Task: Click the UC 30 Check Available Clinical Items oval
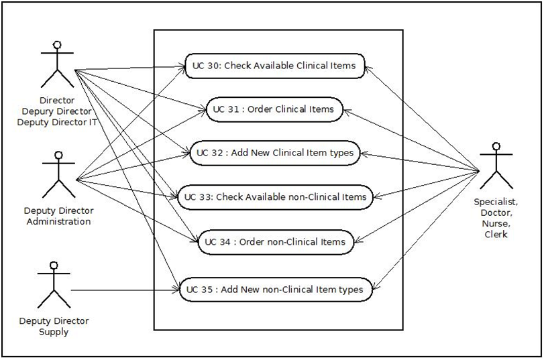pos(274,66)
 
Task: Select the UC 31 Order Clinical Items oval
pos(274,109)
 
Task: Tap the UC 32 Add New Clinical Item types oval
pos(274,153)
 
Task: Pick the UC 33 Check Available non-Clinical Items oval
pos(274,197)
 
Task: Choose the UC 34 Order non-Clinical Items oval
pos(274,242)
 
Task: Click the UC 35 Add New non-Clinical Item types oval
pos(274,290)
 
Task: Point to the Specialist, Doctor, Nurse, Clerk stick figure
pos(496,166)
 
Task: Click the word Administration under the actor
pos(58,222)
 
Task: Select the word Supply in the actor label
pos(54,332)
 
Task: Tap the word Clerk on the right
pos(496,235)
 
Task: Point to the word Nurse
pos(496,224)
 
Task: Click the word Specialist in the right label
pos(496,201)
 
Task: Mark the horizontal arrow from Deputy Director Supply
pos(124,290)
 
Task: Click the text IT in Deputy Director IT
pos(93,121)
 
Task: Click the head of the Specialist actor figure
pos(496,147)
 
